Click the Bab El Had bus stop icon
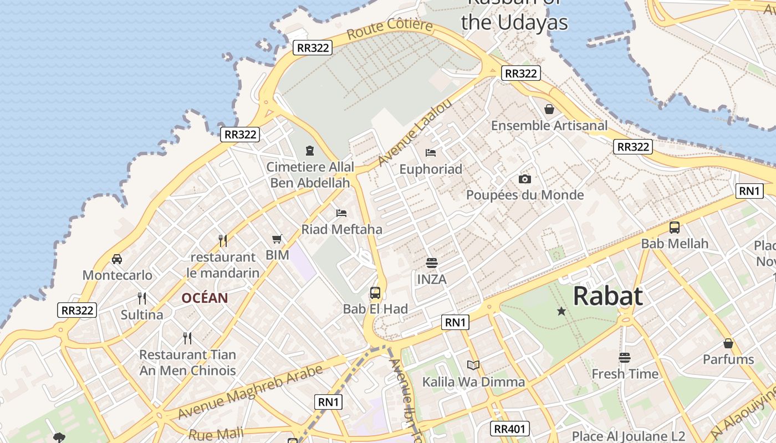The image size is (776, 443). pos(375,292)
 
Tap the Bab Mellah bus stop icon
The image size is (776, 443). pos(675,227)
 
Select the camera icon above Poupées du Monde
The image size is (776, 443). pos(524,179)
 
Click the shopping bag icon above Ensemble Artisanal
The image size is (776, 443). pos(549,109)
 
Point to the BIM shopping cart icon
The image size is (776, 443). pos(277,239)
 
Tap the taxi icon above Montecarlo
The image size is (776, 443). pos(117,259)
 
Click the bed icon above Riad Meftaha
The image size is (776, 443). pos(341,213)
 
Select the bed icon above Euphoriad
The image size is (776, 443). pos(431,152)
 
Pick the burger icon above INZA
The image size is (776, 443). pos(431,262)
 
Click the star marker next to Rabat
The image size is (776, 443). pos(561,311)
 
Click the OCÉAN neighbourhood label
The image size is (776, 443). pos(205,298)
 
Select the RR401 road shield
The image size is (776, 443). pos(510,428)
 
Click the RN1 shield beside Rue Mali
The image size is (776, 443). pos(329,402)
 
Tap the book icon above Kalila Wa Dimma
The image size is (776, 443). pos(473,365)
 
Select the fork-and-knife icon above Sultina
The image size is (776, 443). pos(142,298)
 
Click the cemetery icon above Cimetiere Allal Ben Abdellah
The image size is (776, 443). pos(309,150)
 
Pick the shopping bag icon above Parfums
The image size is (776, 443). pos(728,343)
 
